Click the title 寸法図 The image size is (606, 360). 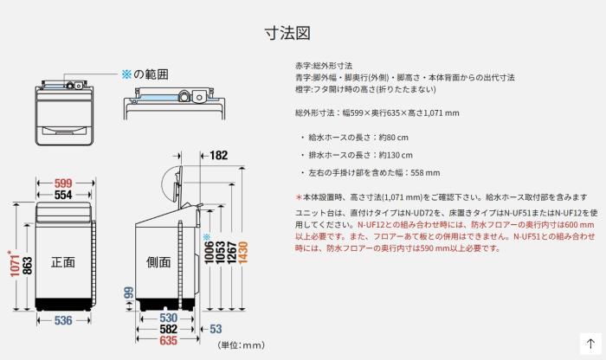pos(287,33)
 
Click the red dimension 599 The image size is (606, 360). pos(62,183)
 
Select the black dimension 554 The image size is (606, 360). pos(62,196)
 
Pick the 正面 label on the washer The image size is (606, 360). pos(62,262)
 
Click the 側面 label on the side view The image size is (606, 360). pos(158,262)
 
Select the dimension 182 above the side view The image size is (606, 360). pos(218,157)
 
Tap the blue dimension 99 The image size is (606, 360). pos(128,296)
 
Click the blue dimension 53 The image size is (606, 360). pos(216,330)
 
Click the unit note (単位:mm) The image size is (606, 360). pos(240,345)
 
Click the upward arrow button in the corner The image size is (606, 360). pos(590,344)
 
